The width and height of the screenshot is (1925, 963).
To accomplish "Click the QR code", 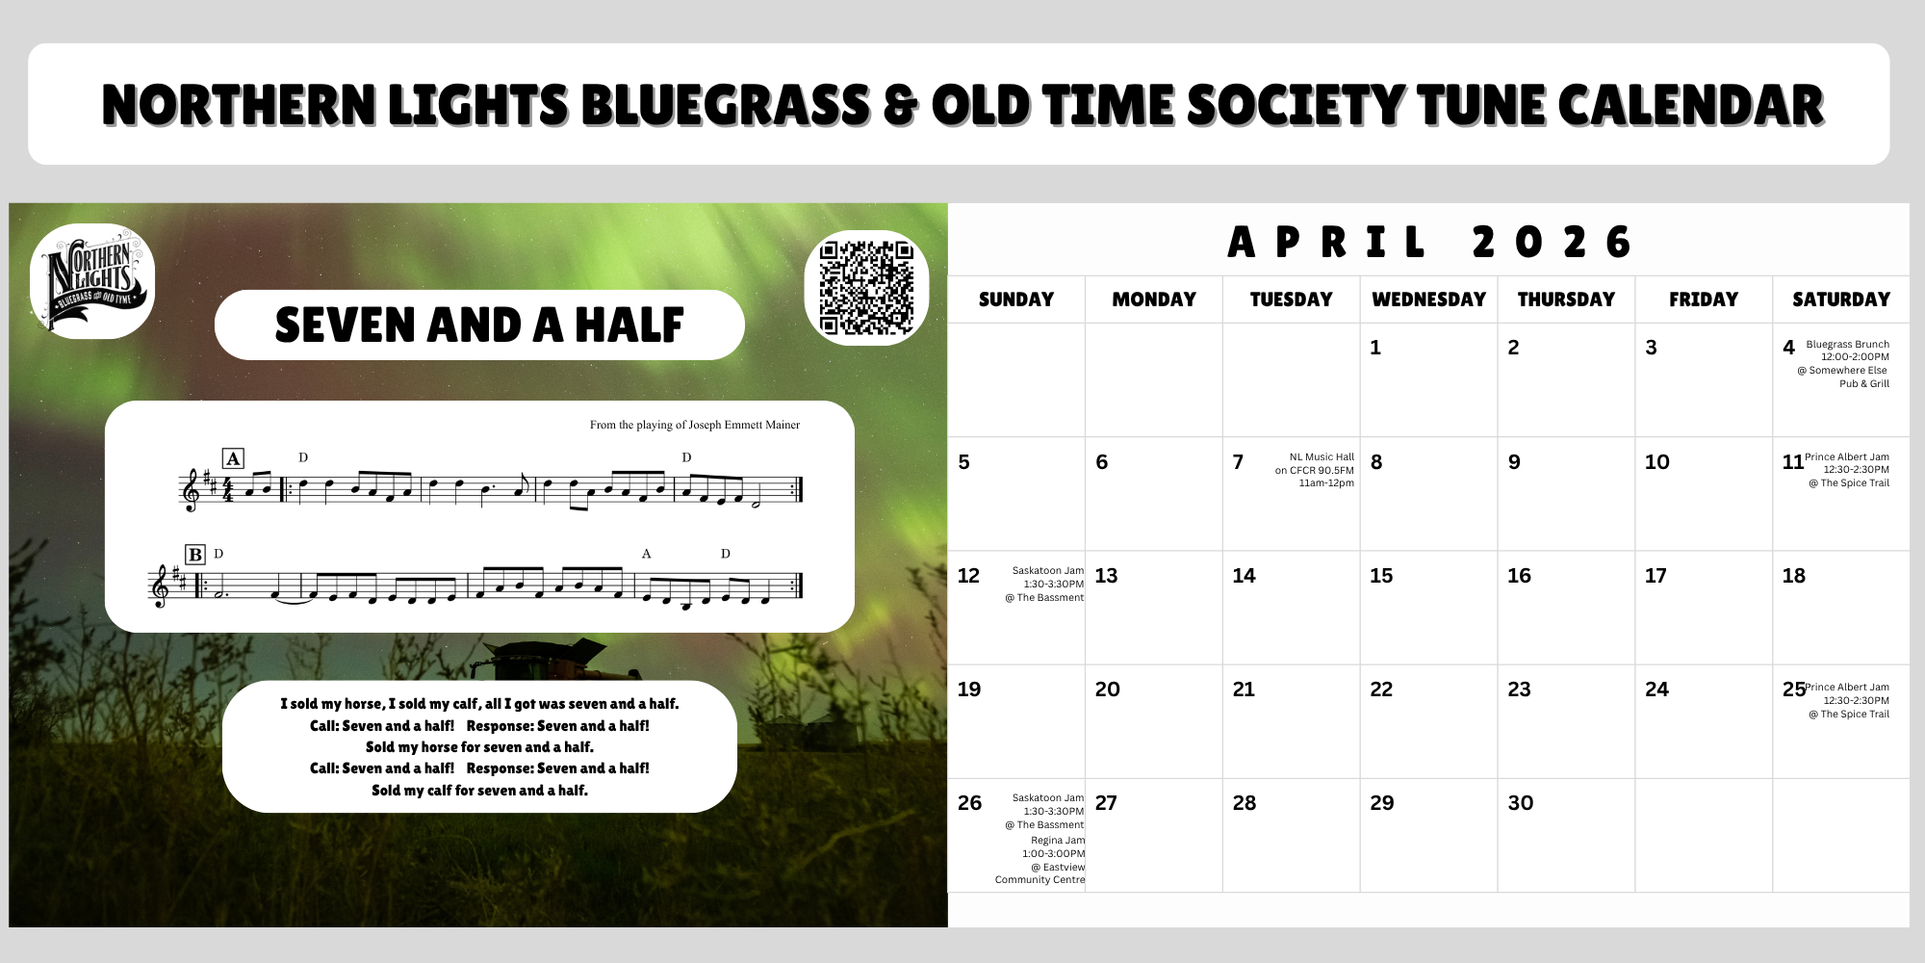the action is [x=866, y=287].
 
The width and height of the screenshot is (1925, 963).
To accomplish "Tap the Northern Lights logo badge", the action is [x=92, y=281].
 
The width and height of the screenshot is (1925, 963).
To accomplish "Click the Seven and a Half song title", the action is [x=479, y=325].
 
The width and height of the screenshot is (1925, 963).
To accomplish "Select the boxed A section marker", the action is [x=233, y=458].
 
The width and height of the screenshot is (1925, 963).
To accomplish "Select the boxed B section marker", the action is [x=195, y=555].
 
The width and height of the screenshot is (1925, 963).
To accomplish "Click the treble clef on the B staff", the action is [x=160, y=586].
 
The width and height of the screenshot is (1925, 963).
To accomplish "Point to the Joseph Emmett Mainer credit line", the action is [x=695, y=425].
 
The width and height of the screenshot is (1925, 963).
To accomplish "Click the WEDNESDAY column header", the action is [x=1429, y=299].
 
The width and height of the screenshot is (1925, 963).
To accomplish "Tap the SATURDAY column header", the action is [x=1841, y=299].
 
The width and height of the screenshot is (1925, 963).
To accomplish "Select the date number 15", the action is [x=1381, y=576].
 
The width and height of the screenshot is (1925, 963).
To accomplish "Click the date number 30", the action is [x=1521, y=803].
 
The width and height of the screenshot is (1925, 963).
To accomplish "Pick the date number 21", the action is [x=1244, y=690].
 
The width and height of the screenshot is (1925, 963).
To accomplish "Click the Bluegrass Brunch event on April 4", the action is [x=1843, y=364].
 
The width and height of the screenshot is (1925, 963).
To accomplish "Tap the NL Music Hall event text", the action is [x=1315, y=470].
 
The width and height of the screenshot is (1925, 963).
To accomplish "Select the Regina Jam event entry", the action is [x=1040, y=860].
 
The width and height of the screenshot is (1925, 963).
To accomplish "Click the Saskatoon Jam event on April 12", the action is [x=1044, y=585].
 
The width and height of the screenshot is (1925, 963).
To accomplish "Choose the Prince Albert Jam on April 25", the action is [x=1847, y=700].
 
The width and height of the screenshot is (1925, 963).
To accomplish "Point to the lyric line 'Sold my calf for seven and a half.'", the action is [x=479, y=791].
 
